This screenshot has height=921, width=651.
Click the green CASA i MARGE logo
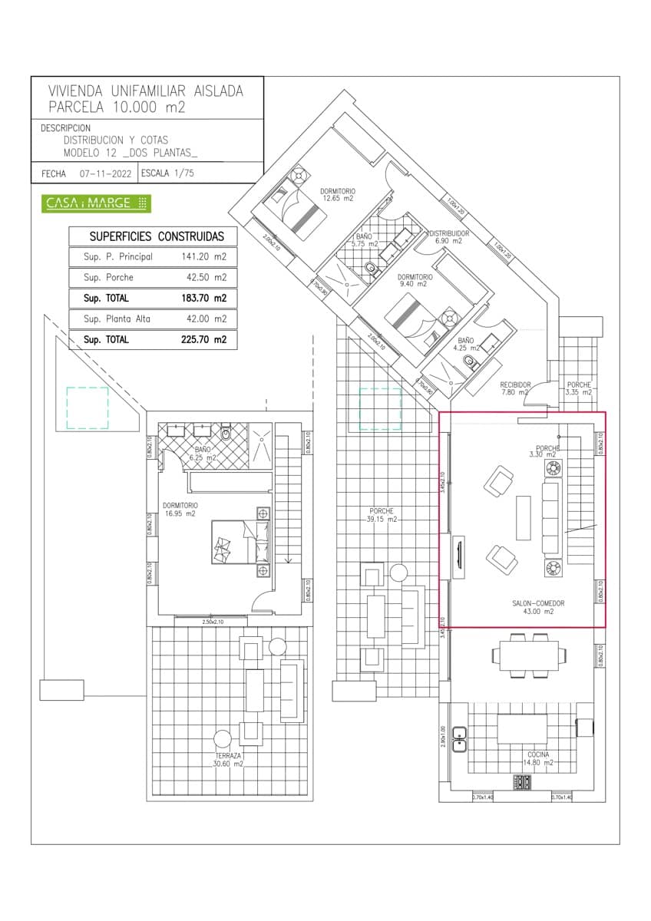(x=96, y=203)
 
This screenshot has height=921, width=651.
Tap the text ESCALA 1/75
(x=167, y=173)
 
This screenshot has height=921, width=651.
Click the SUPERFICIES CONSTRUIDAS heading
(x=157, y=236)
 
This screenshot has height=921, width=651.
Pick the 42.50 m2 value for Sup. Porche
(x=210, y=277)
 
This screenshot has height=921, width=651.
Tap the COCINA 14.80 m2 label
(x=538, y=758)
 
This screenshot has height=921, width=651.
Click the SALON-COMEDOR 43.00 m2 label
(x=538, y=608)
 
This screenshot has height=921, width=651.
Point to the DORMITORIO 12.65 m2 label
(x=338, y=194)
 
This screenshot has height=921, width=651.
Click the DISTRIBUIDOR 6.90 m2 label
(x=448, y=236)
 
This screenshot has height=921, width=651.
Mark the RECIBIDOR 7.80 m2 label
(x=515, y=388)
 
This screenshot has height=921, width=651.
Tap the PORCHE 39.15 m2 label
(x=381, y=515)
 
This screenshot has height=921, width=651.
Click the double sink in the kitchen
(x=460, y=738)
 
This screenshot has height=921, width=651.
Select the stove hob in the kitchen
(x=523, y=782)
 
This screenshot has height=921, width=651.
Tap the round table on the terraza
(x=223, y=739)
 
